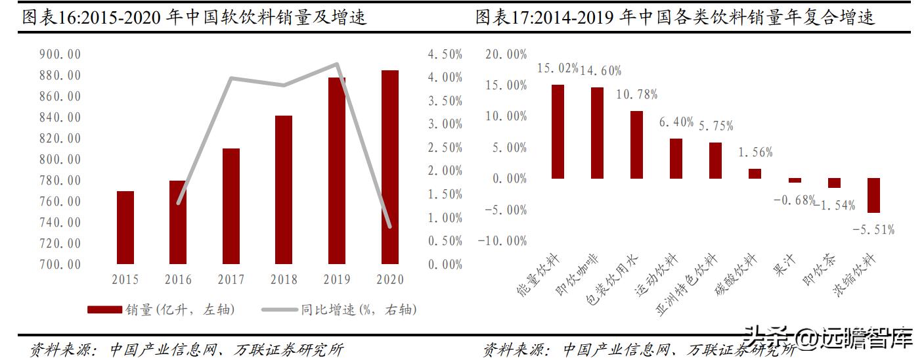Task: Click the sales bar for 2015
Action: [125, 227]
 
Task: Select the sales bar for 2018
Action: [283, 190]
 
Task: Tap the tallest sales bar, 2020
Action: [389, 167]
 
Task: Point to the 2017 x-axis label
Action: [231, 280]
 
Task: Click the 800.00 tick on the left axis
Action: [60, 160]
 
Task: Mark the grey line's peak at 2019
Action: [336, 64]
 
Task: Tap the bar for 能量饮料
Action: [558, 131]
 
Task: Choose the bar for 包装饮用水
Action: [636, 145]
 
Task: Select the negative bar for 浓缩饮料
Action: [873, 195]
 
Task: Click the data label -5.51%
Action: [873, 230]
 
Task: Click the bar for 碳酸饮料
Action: [755, 173]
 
